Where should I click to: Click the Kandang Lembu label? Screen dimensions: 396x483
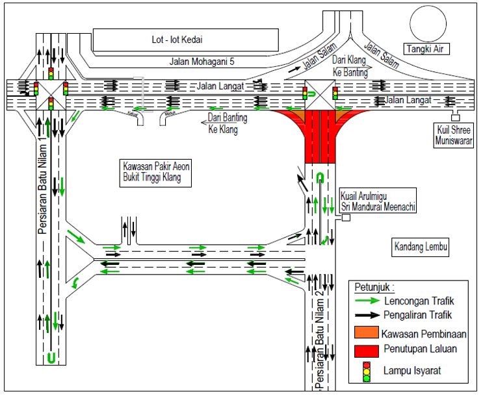422,247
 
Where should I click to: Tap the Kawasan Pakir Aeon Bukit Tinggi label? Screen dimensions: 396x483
155,172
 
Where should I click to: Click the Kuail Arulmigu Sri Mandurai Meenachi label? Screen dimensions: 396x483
378,201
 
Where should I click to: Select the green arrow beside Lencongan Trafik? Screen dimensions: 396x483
370,301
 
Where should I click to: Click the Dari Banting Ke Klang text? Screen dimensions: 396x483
223,123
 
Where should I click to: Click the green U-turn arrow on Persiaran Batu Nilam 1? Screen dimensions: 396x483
49,358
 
